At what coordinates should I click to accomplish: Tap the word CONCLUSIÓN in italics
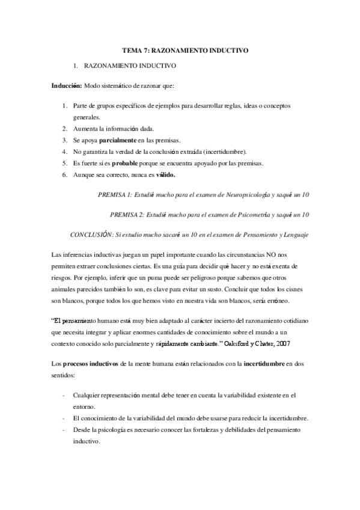point(91,234)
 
